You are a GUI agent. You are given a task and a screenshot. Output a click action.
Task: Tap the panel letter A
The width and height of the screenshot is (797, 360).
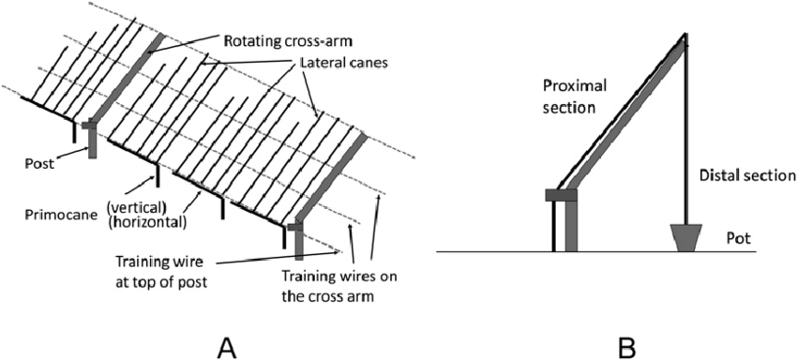pyautogui.click(x=226, y=347)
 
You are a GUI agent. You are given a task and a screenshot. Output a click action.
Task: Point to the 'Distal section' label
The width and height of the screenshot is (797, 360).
pyautogui.click(x=745, y=175)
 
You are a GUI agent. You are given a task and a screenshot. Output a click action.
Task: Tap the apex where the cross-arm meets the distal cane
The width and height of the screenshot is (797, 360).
pyautogui.click(x=684, y=37)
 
